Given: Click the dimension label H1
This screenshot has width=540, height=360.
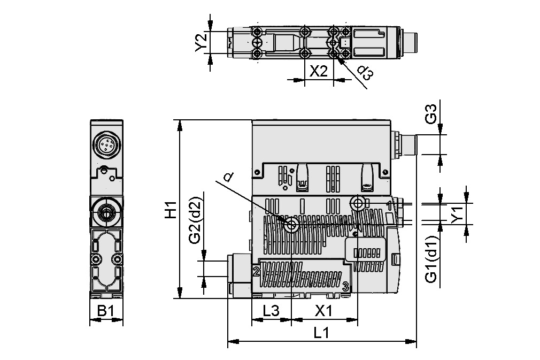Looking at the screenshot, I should click(x=170, y=210).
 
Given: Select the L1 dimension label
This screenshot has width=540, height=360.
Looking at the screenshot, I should click(x=321, y=333).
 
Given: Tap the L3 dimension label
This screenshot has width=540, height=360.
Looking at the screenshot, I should click(x=271, y=310).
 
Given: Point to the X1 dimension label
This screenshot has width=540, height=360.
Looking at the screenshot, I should click(x=324, y=310).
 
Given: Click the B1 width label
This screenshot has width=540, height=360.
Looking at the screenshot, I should click(x=105, y=310).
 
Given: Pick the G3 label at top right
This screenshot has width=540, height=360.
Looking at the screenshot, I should click(x=431, y=114).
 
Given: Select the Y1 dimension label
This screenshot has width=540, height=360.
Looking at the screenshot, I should click(x=456, y=214).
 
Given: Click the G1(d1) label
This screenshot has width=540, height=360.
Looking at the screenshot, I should click(x=431, y=259).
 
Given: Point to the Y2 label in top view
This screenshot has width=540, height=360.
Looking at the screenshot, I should click(x=202, y=43).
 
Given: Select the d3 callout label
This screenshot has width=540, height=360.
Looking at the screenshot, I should click(x=364, y=73).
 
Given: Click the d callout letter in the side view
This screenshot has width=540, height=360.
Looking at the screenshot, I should click(x=228, y=177).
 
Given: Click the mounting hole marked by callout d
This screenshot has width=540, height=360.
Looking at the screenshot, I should click(x=291, y=225).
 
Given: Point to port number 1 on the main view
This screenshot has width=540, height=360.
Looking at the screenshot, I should click(x=390, y=205).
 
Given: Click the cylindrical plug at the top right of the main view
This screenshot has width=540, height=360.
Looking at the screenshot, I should click(x=408, y=144).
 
